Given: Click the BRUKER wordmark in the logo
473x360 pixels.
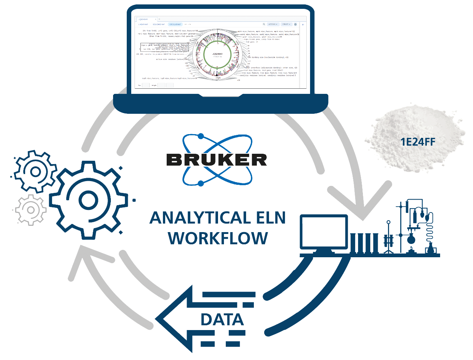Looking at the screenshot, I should [217, 160].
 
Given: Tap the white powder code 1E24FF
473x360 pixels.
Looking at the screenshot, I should [418, 142].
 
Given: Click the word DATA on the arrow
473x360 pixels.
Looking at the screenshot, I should [222, 320].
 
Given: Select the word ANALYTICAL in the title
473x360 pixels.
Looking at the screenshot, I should [196, 218].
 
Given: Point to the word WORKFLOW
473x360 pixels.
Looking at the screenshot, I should [218, 238].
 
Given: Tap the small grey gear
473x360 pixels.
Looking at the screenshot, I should [31, 210].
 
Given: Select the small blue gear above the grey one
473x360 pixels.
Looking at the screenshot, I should [35, 171].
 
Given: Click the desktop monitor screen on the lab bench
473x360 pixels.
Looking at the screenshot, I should [324, 232].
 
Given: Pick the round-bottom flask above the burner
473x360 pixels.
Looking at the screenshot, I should [411, 238].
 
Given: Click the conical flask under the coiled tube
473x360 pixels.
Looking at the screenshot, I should [430, 248].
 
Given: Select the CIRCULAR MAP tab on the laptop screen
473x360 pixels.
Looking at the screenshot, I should [175, 24].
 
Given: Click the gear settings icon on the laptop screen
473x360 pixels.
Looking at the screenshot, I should [295, 24].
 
